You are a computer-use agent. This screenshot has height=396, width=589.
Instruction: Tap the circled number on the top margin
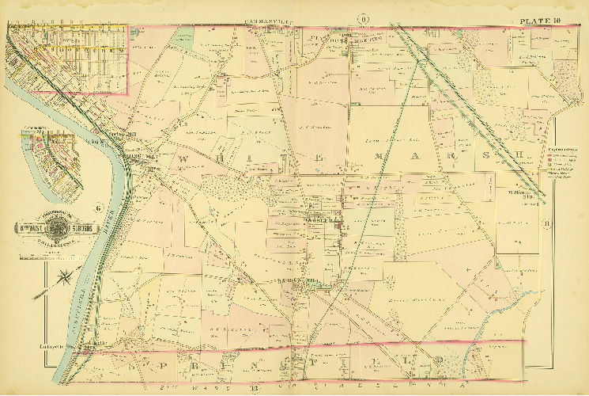coord(363,18)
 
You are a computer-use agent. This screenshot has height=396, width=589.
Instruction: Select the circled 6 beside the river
coord(98,208)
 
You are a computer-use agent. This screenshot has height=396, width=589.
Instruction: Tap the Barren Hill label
coord(294,281)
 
